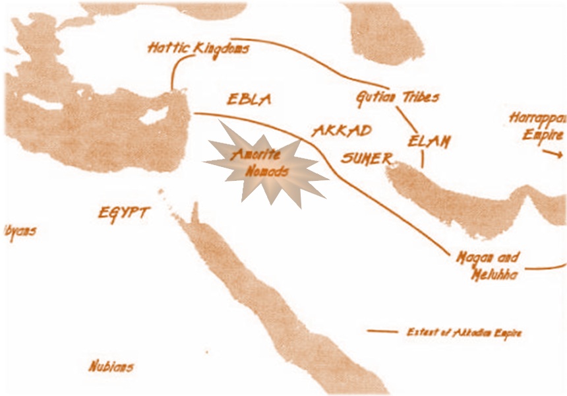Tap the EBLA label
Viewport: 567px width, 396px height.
pos(249,100)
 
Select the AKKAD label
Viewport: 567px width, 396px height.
pos(342,129)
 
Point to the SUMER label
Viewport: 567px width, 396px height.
pos(367,158)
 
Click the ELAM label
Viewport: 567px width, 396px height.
pos(429,141)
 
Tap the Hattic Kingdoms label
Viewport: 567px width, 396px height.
pos(198,48)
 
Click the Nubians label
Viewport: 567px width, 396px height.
pos(111,365)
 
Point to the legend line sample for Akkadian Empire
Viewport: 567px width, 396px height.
pos(382,331)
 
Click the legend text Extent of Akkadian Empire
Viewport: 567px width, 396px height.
pos(464,332)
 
